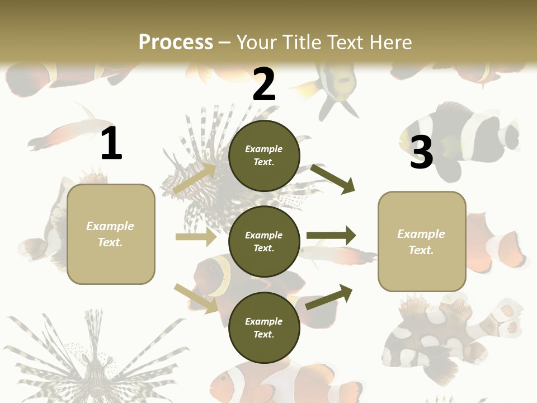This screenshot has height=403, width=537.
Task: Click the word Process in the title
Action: [x=176, y=43]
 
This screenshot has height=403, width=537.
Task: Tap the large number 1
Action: [x=111, y=144]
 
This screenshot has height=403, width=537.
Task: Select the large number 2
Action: [x=264, y=85]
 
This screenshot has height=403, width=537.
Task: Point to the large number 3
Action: [x=421, y=152]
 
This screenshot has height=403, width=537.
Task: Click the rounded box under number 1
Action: [x=111, y=234]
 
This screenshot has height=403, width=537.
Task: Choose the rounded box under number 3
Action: [x=422, y=241]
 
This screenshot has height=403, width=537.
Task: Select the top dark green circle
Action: [x=264, y=156]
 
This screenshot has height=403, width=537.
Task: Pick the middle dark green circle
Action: [x=264, y=241]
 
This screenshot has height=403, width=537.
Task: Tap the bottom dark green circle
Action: [x=264, y=327]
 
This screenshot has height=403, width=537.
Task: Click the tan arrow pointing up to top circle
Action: [x=195, y=178]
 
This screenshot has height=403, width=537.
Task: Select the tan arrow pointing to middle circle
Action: [x=196, y=237]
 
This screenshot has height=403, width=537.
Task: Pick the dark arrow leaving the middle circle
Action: [x=331, y=236]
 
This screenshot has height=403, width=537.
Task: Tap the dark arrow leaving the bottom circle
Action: [x=329, y=297]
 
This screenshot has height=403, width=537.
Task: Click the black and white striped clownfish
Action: [x=464, y=140]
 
